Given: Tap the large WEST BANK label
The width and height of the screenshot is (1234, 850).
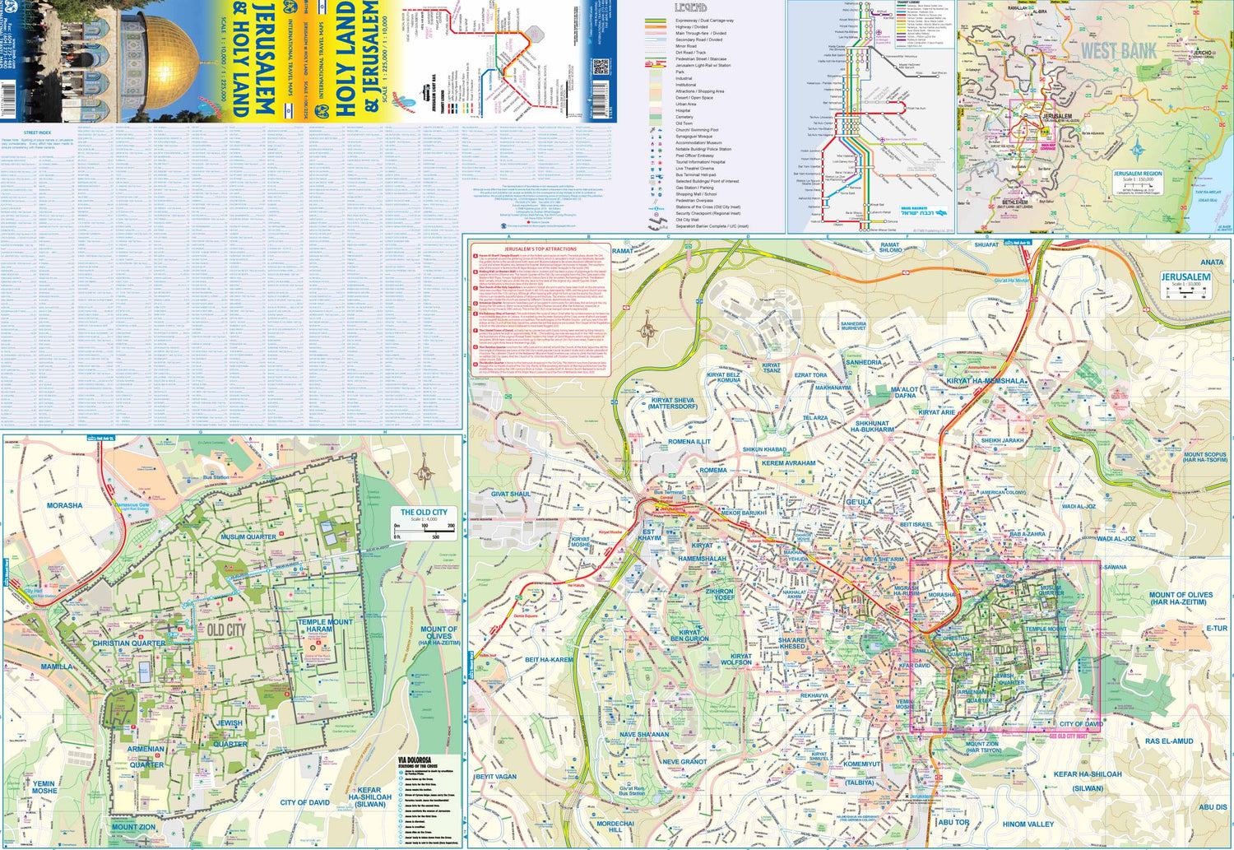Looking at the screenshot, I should tap(1118, 51).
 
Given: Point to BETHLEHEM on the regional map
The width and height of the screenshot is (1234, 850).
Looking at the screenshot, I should tap(1014, 202).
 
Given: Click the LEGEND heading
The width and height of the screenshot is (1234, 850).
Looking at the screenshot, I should tap(691, 7).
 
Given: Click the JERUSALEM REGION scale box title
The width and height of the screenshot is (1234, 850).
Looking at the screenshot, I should tap(1138, 174).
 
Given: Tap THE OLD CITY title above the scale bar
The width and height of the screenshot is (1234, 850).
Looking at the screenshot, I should tap(424, 512).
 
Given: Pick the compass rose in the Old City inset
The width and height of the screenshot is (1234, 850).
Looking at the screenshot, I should tap(424, 474).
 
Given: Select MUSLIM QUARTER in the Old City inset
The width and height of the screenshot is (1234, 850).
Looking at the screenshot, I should tap(248, 536).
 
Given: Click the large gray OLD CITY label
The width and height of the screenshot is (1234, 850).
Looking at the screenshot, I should tap(225, 629).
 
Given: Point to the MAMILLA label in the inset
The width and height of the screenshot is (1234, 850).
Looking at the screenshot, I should tap(57, 667).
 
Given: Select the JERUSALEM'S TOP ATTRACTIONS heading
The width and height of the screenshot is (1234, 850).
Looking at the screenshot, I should tap(540, 248).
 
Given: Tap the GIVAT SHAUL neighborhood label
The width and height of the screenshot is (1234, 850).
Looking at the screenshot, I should tap(511, 494).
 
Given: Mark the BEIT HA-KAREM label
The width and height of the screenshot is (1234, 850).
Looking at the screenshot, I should tap(549, 660).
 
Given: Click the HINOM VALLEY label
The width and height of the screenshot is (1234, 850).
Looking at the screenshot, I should tap(1028, 824).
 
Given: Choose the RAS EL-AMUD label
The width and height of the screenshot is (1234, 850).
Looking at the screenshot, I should tap(1168, 741).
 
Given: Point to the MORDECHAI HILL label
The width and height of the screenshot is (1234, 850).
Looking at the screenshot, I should tap(615, 827).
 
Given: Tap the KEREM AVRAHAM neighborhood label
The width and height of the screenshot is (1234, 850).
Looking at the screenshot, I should tap(788, 462).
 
